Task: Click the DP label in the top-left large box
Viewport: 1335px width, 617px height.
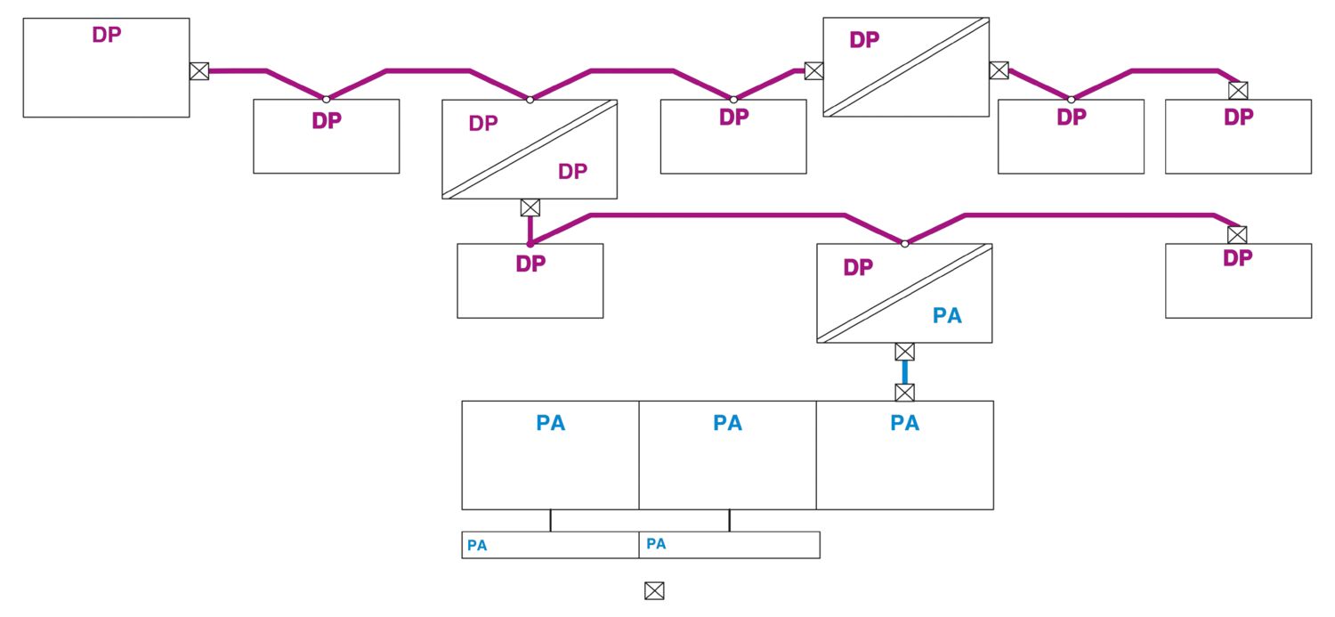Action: click(x=106, y=35)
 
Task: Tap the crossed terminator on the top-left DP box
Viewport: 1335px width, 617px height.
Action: click(x=199, y=71)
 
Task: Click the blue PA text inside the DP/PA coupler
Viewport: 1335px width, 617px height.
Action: click(x=947, y=315)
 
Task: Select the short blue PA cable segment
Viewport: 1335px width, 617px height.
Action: click(x=904, y=371)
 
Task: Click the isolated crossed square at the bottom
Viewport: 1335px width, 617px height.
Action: click(x=654, y=589)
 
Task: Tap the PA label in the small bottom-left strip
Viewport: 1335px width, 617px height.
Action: click(x=477, y=546)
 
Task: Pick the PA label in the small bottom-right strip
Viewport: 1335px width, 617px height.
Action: click(x=656, y=544)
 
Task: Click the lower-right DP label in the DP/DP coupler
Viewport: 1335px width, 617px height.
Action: click(x=572, y=171)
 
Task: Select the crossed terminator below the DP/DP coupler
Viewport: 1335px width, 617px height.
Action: click(x=530, y=207)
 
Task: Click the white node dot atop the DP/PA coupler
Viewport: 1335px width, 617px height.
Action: click(x=904, y=243)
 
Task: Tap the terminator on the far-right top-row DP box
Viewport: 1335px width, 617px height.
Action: click(x=1237, y=90)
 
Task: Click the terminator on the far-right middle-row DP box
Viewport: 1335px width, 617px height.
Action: click(x=1236, y=234)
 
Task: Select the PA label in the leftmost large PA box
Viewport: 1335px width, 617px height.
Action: click(x=550, y=423)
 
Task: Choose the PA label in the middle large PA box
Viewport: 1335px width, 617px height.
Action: click(x=727, y=423)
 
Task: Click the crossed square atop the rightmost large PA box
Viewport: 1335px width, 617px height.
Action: click(x=904, y=392)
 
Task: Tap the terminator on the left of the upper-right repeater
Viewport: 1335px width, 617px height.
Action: click(x=813, y=71)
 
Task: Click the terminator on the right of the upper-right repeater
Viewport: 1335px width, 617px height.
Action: click(x=999, y=70)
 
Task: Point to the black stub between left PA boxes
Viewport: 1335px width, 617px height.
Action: click(x=550, y=520)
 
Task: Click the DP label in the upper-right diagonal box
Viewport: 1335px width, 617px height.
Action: click(x=863, y=40)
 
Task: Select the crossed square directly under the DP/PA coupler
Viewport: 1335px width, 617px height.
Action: click(x=904, y=351)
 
